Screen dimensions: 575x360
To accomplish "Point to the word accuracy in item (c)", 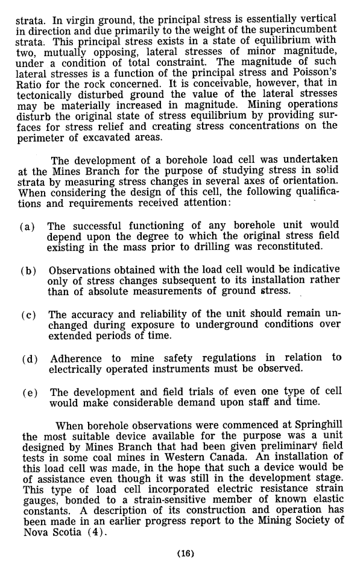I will (98, 314).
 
